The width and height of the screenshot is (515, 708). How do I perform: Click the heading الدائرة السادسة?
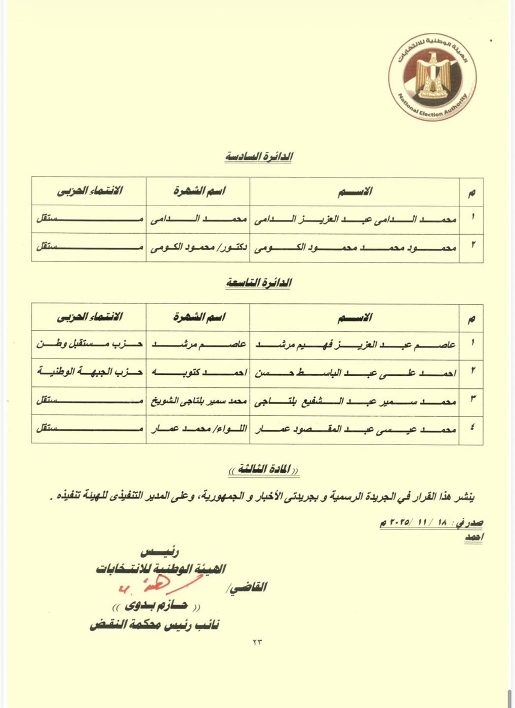point(259,157)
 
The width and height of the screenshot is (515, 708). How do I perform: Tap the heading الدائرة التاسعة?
point(259,283)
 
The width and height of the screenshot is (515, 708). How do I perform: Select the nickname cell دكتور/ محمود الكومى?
point(198,248)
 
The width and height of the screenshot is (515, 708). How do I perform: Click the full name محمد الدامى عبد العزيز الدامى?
point(354,219)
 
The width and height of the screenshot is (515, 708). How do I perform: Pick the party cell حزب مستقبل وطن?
point(89,344)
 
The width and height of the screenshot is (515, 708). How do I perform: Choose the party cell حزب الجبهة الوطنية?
point(89,372)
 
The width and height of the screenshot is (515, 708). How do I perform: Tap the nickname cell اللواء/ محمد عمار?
point(198,429)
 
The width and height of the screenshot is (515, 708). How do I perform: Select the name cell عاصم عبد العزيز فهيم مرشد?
point(354,345)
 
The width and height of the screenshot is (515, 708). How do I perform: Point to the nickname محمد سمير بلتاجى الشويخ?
point(198,401)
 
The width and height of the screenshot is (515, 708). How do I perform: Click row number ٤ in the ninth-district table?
point(472,429)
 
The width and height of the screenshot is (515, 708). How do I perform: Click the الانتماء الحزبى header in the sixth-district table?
point(89,191)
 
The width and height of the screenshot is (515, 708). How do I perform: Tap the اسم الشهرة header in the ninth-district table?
point(199,317)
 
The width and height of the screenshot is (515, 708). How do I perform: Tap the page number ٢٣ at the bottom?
point(258,642)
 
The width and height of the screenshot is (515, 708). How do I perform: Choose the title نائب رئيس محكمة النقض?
point(154,625)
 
